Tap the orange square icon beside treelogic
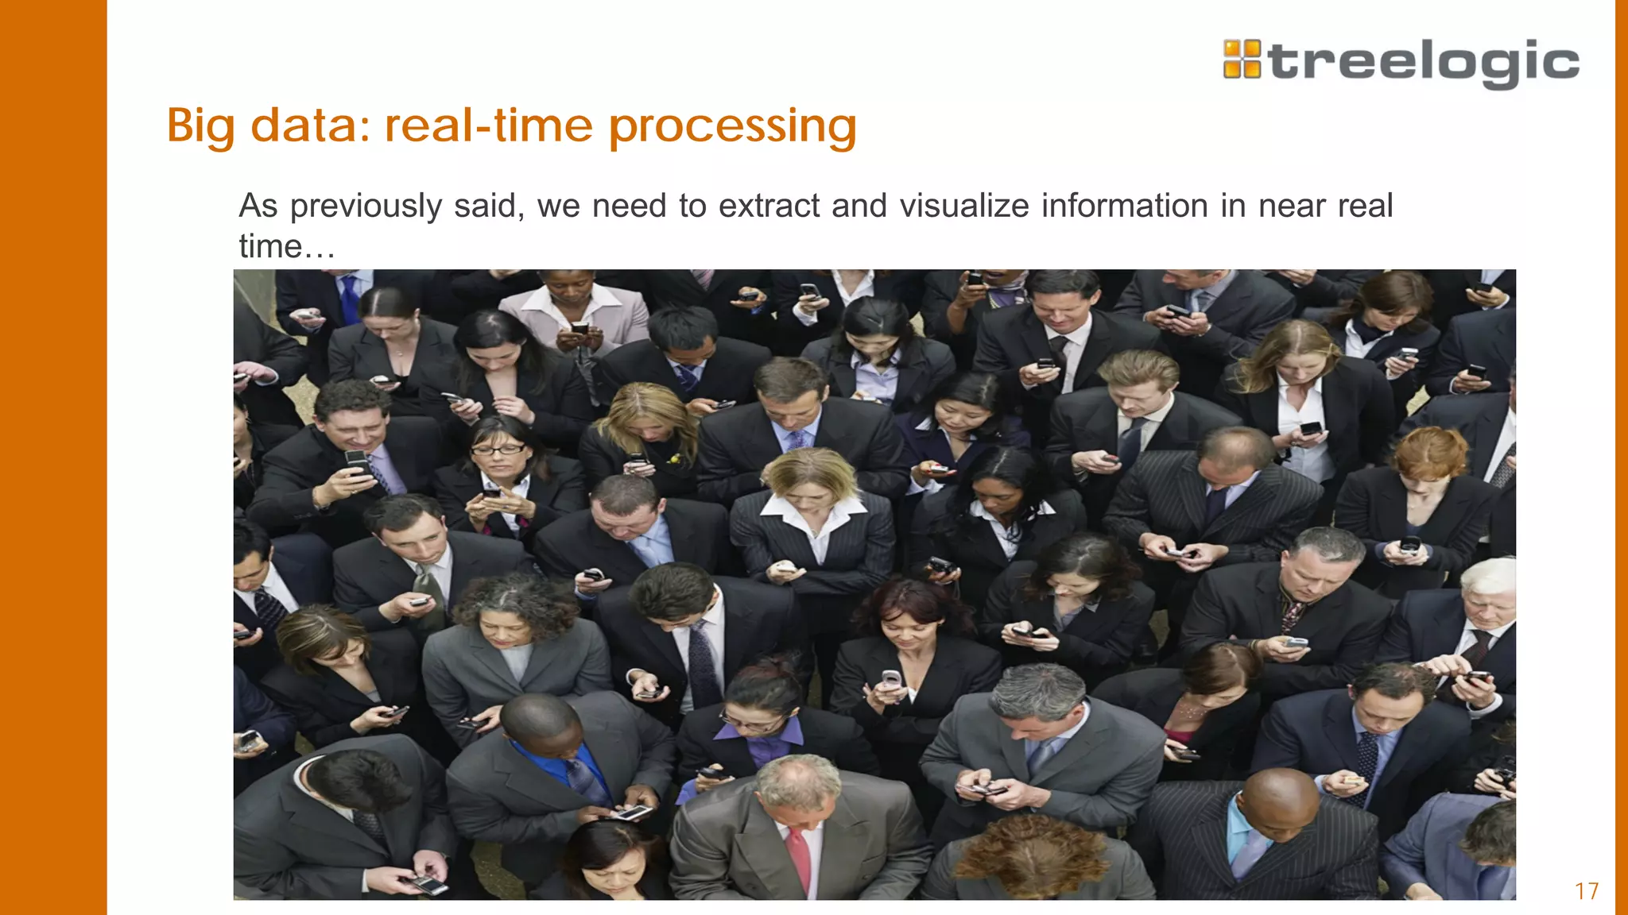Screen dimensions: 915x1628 [1242, 60]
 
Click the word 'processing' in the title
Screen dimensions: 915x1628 [732, 127]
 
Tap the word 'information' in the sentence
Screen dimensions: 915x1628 [1124, 206]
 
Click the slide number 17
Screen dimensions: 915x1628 [1587, 891]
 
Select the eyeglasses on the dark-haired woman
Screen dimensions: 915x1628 [497, 450]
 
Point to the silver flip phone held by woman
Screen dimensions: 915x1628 [890, 679]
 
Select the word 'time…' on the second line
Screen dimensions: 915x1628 [286, 246]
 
